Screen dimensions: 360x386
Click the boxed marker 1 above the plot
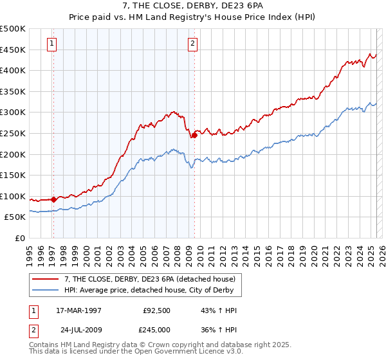click(x=51, y=44)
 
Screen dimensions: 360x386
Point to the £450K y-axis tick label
click(x=13, y=50)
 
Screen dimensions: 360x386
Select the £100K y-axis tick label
click(x=13, y=196)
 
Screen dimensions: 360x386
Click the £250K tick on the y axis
click(x=13, y=133)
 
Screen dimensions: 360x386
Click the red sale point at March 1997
click(x=54, y=199)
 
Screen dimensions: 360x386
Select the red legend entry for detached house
click(x=154, y=279)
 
